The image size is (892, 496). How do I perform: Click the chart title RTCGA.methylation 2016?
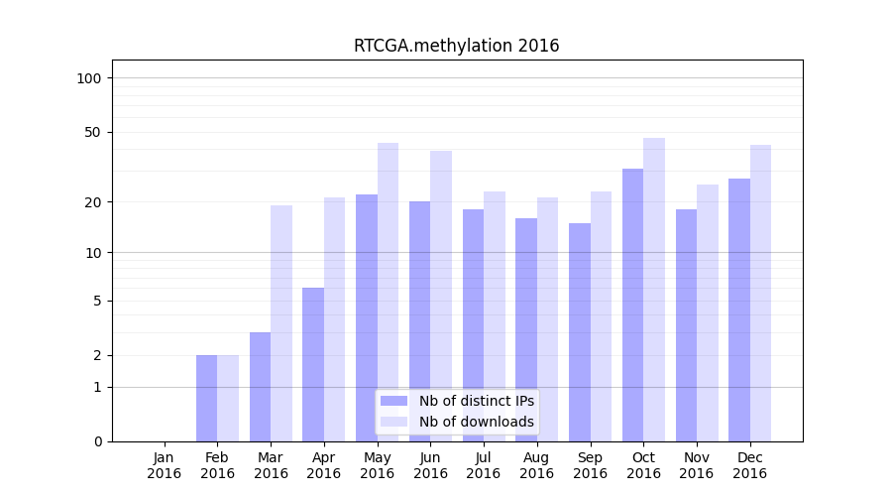[456, 46]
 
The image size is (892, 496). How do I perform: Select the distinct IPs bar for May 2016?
[367, 317]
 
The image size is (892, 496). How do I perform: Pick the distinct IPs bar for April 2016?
[313, 364]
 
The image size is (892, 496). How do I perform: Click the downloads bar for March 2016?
[281, 323]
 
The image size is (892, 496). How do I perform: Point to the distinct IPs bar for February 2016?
[206, 398]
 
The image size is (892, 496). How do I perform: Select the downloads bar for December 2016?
[760, 293]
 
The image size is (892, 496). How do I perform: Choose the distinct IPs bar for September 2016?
[580, 332]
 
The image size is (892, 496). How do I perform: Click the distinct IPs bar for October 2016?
[632, 305]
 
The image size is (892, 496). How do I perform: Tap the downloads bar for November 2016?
[708, 312]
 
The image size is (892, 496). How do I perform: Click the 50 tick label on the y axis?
[93, 132]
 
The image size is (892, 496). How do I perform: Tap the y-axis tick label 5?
[97, 301]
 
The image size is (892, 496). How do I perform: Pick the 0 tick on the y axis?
[97, 441]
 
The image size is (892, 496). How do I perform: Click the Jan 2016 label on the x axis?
[165, 465]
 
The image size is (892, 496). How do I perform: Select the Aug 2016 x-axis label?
[537, 465]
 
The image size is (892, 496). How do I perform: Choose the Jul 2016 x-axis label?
[484, 465]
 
